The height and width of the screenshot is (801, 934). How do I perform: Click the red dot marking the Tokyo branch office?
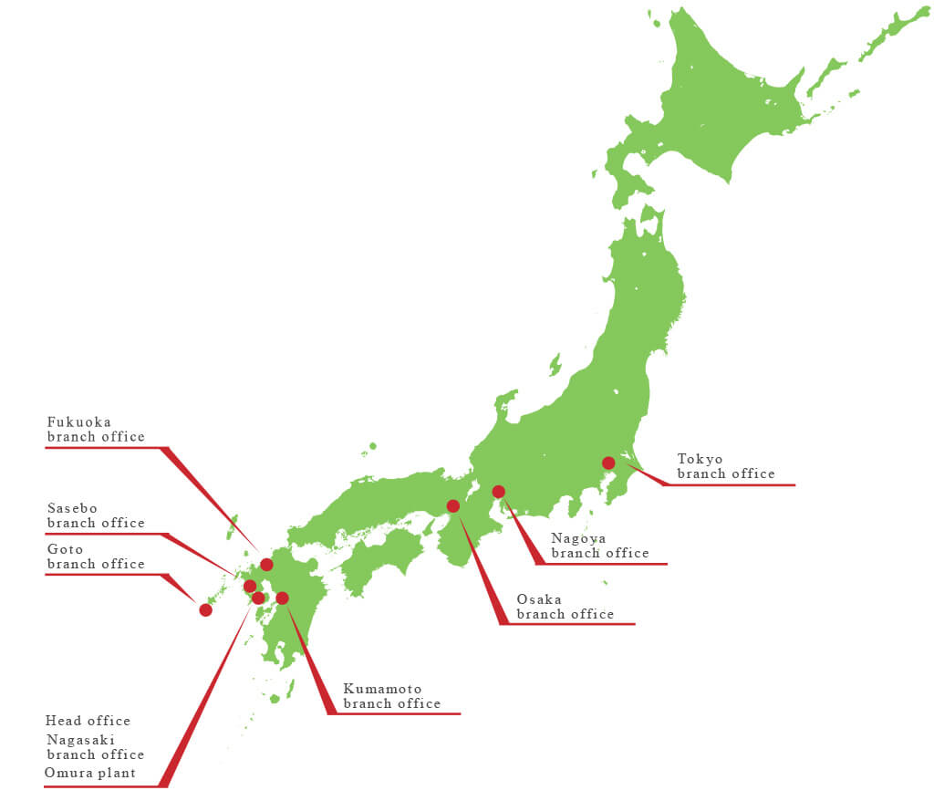[x=608, y=463]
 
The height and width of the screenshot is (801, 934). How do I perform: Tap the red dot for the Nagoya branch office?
[x=498, y=492]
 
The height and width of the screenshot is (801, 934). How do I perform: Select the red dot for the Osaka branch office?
[x=453, y=505]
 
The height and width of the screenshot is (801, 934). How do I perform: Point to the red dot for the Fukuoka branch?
[x=266, y=565]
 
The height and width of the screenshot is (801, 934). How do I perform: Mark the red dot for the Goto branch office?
[x=206, y=609]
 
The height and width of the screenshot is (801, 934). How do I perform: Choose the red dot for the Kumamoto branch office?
[x=282, y=598]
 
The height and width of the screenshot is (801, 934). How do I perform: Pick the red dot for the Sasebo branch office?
[x=250, y=586]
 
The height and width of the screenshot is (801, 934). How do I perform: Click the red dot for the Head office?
[x=258, y=598]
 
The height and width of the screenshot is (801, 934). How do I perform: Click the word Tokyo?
[x=700, y=458]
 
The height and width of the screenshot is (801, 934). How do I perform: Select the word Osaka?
[x=538, y=598]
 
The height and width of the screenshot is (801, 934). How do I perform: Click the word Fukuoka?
[x=79, y=421]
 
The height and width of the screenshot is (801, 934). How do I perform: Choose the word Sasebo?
[x=72, y=507]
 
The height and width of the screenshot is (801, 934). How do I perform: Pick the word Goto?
[x=66, y=548]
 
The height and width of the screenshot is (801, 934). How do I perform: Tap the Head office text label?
[x=88, y=721]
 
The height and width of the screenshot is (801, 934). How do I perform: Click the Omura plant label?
[x=90, y=773]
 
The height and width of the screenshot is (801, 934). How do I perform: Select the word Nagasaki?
[x=81, y=740]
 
